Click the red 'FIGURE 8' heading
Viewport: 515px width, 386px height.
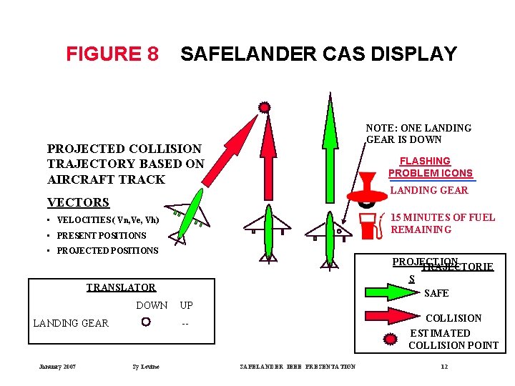tap(112, 54)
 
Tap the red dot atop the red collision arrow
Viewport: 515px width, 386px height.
tap(265, 107)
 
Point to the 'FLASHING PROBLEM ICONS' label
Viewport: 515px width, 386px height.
tap(431, 167)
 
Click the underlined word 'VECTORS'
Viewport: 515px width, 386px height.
tap(78, 202)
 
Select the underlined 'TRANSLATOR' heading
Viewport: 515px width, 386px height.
tap(121, 287)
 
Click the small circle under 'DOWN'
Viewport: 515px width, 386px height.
tap(146, 322)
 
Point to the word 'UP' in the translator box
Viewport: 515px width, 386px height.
tap(186, 305)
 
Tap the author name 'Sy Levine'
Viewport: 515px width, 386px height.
tap(146, 367)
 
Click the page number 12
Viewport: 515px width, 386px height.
tap(444, 367)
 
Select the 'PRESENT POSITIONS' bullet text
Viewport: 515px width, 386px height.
tap(101, 235)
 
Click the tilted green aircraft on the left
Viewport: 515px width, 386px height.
tap(189, 213)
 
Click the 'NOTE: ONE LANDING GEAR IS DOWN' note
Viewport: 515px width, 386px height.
tap(418, 134)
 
